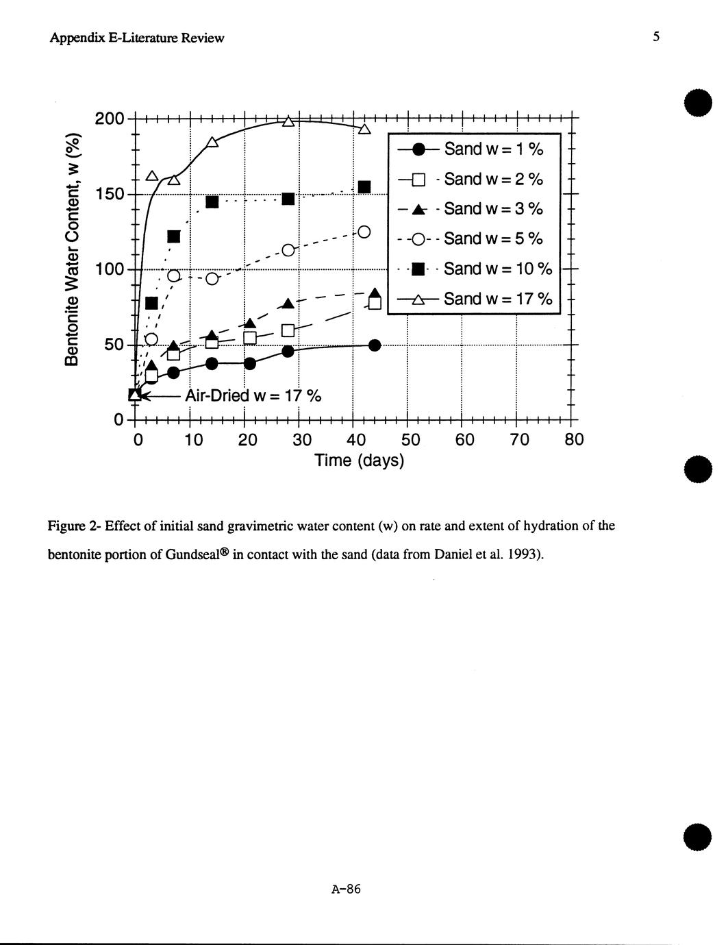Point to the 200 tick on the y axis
coord(110,119)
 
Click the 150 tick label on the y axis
coord(110,194)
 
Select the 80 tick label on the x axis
coord(574,439)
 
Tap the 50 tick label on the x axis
coord(407,439)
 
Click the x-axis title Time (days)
coord(360,460)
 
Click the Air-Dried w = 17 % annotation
coord(253,396)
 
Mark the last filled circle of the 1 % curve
coord(375,345)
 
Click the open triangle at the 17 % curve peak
coord(288,122)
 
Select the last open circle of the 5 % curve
coord(364,232)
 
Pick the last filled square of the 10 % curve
coord(364,187)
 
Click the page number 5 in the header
coord(655,37)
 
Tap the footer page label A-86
coord(346,889)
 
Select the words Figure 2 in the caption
coord(71,526)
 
